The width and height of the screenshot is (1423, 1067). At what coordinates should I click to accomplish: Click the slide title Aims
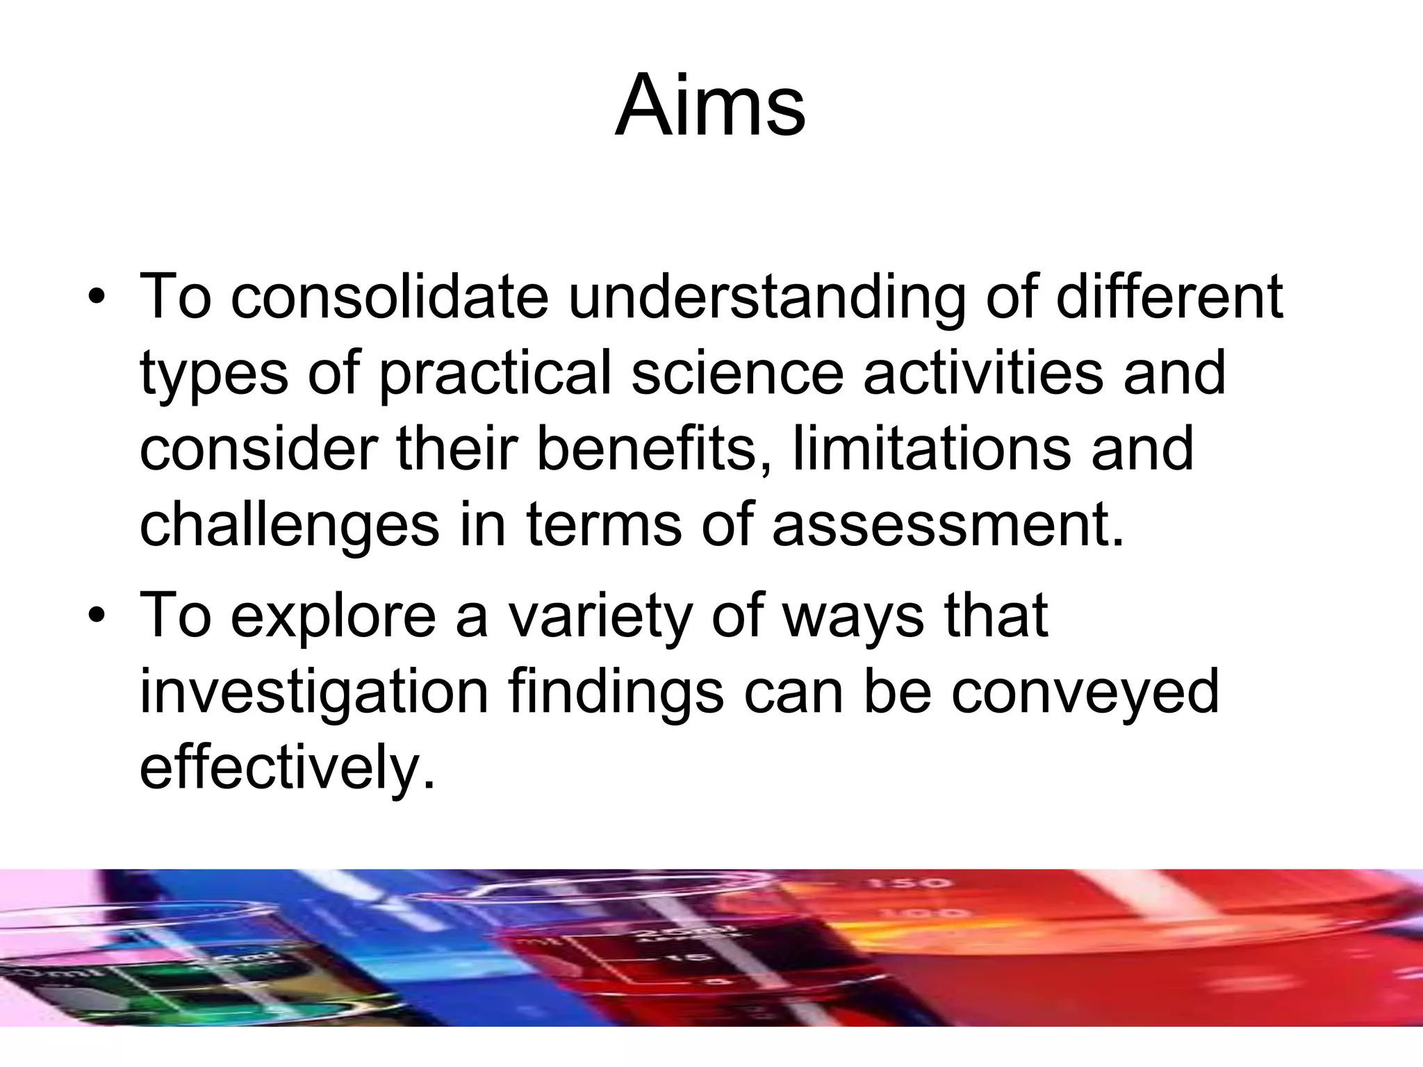710,106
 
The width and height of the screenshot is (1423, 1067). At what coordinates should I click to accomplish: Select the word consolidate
389,297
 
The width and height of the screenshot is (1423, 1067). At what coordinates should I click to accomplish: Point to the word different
1169,297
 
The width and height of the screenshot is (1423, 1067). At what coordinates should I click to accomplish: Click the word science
737,374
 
